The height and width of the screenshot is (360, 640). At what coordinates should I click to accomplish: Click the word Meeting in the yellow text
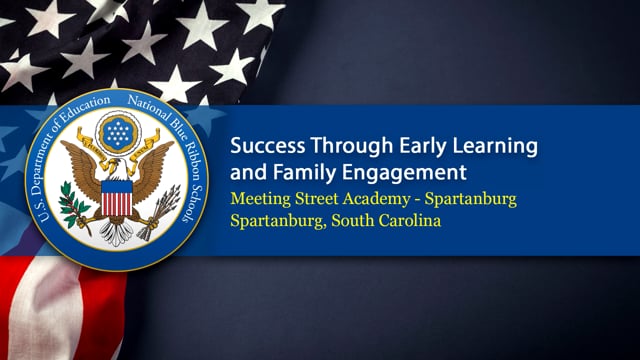pyautogui.click(x=262, y=199)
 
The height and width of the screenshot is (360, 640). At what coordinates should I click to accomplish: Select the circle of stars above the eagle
pyautogui.click(x=117, y=132)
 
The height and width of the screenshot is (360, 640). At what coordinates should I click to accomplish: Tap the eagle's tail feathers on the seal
pyautogui.click(x=116, y=232)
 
